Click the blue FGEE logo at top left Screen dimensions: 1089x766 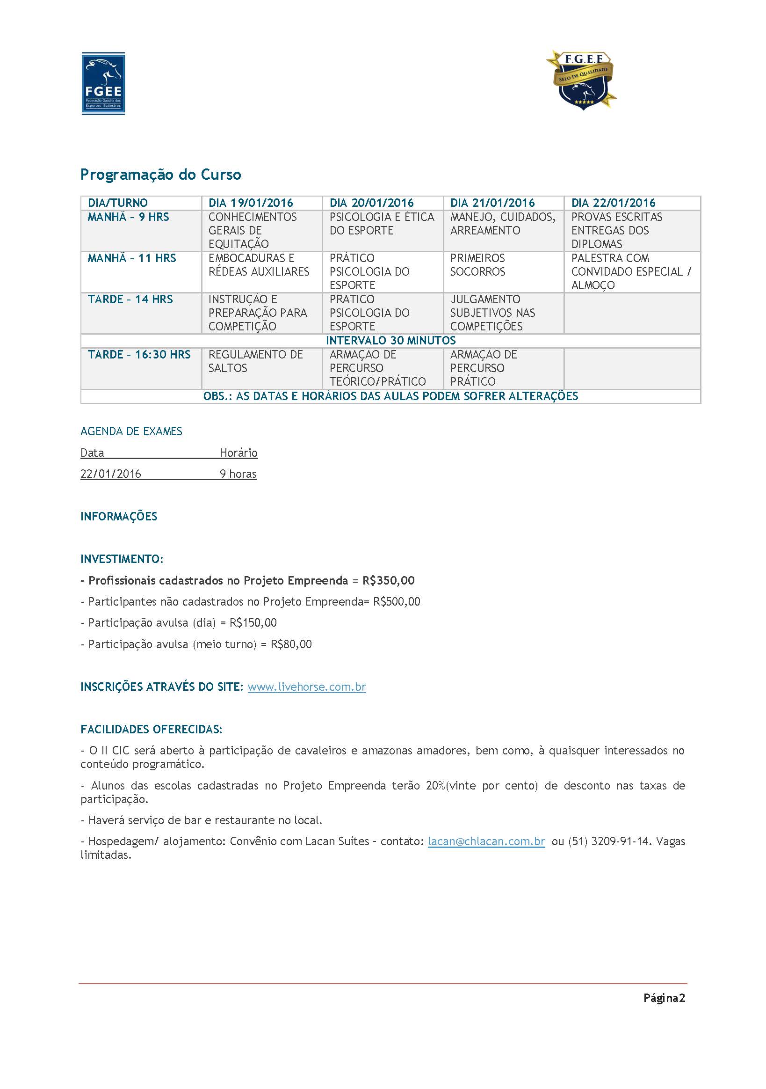click(x=103, y=83)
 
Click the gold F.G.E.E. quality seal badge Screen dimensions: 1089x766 click(x=582, y=80)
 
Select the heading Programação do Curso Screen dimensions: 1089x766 click(x=161, y=175)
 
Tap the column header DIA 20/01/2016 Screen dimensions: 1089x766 click(x=372, y=203)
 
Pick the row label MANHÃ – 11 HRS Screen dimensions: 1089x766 click(x=132, y=258)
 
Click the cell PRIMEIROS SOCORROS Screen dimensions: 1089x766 click(x=478, y=265)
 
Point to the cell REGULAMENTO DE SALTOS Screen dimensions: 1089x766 click(x=255, y=361)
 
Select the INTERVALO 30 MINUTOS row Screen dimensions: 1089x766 click(x=390, y=341)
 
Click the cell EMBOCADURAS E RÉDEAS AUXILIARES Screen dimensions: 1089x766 click(x=259, y=265)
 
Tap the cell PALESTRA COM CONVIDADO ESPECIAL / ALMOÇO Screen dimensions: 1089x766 click(x=631, y=271)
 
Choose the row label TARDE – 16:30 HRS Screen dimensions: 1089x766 click(x=139, y=354)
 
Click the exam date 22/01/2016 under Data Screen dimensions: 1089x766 click(x=111, y=474)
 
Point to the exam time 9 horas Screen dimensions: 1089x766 click(x=238, y=474)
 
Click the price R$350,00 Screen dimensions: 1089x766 click(x=388, y=581)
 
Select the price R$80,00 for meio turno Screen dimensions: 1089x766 click(x=291, y=644)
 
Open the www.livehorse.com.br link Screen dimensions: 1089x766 click(x=307, y=687)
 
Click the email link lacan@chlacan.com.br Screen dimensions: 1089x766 click(x=486, y=841)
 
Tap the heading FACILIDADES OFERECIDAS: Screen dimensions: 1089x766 click(x=151, y=729)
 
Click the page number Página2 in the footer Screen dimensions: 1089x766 click(x=664, y=998)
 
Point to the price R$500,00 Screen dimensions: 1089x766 click(x=396, y=601)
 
